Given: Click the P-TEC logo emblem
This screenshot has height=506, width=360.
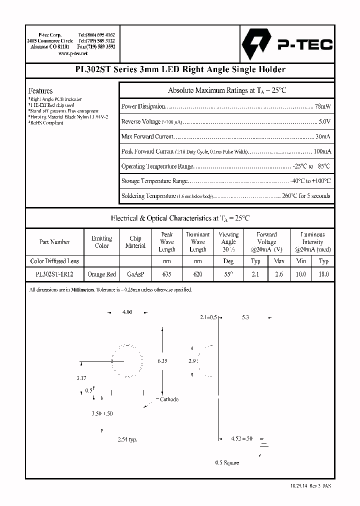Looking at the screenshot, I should [x=256, y=44].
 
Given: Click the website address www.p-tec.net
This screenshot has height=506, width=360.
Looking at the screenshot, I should [x=73, y=53].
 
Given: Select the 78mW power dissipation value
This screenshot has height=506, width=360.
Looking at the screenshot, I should [x=322, y=106].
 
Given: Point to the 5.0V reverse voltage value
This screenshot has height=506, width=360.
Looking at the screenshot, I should [x=324, y=121].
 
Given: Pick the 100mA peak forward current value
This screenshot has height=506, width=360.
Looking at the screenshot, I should [x=321, y=151].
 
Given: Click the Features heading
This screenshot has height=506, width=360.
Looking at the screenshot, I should [x=40, y=91].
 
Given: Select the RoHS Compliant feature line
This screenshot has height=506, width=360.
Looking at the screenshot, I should [x=46, y=122].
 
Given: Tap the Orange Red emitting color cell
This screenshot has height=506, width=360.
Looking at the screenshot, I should [x=101, y=274].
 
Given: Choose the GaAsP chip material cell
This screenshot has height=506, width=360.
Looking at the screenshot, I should [x=135, y=274].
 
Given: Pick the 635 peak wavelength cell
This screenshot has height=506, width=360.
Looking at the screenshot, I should [x=166, y=274].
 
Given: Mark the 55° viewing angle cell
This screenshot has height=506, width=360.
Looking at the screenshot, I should [x=228, y=274].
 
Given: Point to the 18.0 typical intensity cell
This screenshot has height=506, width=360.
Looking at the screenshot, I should [x=323, y=274].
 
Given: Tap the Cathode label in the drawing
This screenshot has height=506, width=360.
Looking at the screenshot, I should [x=168, y=399].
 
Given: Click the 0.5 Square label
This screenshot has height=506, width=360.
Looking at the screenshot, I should [x=227, y=462].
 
